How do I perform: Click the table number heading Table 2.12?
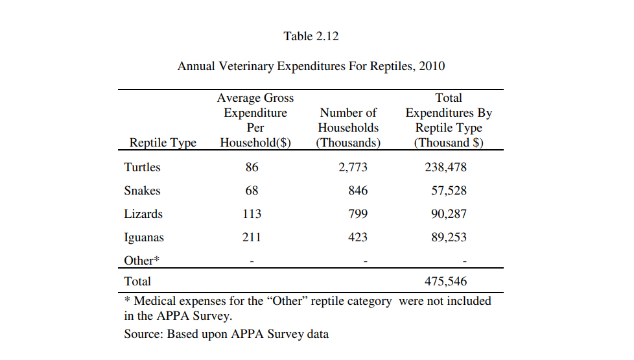click(x=311, y=36)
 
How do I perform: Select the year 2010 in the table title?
click(x=432, y=66)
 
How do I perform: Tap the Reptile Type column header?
click(x=163, y=143)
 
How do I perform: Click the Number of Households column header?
click(x=348, y=128)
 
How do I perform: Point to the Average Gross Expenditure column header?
click(x=255, y=120)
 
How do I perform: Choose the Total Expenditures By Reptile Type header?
click(x=449, y=120)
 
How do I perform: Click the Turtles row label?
click(x=142, y=167)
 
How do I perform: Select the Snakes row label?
click(x=142, y=191)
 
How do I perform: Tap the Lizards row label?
click(x=143, y=214)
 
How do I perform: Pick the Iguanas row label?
click(x=144, y=237)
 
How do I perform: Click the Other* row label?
click(x=141, y=260)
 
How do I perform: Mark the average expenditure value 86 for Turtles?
click(x=252, y=167)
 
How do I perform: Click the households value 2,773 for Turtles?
click(x=353, y=167)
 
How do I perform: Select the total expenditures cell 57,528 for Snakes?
click(x=449, y=191)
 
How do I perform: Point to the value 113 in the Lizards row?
click(x=252, y=214)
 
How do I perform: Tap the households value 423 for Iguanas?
click(x=357, y=237)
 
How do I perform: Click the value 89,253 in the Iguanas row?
click(x=449, y=237)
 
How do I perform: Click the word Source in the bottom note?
click(x=143, y=335)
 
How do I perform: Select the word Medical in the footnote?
click(x=155, y=301)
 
